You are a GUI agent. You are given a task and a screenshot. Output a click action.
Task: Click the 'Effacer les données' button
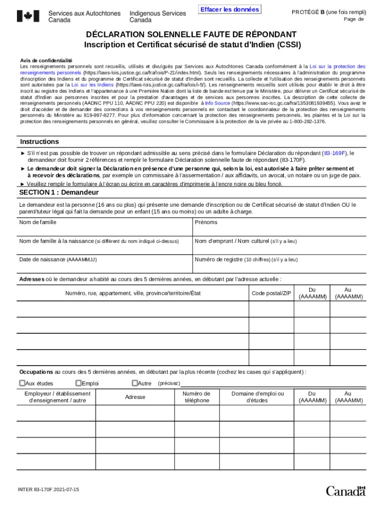coord(229,10)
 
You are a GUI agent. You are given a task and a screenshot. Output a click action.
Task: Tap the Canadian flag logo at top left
coord(28,16)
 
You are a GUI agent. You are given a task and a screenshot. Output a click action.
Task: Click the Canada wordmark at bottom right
coord(346,491)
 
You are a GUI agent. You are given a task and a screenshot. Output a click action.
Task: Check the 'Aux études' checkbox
coord(22,383)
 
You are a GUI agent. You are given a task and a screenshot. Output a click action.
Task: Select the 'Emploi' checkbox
coord(78,383)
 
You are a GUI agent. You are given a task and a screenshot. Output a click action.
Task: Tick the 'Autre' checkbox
coord(135,383)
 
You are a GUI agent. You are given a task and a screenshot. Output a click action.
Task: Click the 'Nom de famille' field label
coord(37,222)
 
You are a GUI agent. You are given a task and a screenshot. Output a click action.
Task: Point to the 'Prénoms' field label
coord(206,222)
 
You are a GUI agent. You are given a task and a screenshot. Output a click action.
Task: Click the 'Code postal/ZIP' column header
coord(271,293)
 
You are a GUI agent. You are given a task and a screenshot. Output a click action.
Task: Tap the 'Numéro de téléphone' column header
coord(197,397)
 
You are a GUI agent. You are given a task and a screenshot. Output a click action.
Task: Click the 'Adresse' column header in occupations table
coord(135,397)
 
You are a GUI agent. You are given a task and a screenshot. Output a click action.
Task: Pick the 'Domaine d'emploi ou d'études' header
coord(257,397)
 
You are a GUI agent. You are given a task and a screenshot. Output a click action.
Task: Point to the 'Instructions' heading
coord(39,141)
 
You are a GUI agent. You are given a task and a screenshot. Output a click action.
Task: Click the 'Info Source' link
coord(217,117)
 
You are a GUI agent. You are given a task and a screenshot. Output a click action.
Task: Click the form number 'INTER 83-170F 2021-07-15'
coord(49,490)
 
